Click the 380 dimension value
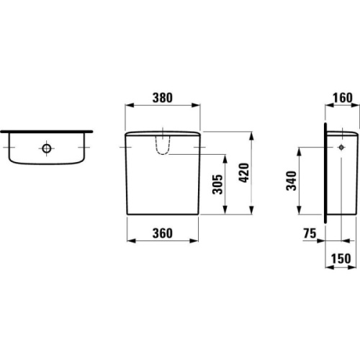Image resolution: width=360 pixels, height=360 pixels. [163, 98]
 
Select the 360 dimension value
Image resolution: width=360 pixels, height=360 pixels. [163, 233]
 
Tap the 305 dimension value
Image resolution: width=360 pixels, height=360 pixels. [217, 184]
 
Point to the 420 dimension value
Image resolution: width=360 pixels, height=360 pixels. [244, 173]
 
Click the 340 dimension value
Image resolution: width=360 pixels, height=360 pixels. [292, 181]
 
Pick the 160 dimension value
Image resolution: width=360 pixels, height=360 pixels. [343, 98]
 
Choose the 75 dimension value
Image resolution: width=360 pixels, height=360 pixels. [310, 233]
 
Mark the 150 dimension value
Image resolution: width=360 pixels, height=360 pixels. [341, 258]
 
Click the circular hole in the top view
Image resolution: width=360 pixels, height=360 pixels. [47, 148]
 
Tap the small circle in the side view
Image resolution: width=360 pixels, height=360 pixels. [341, 148]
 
